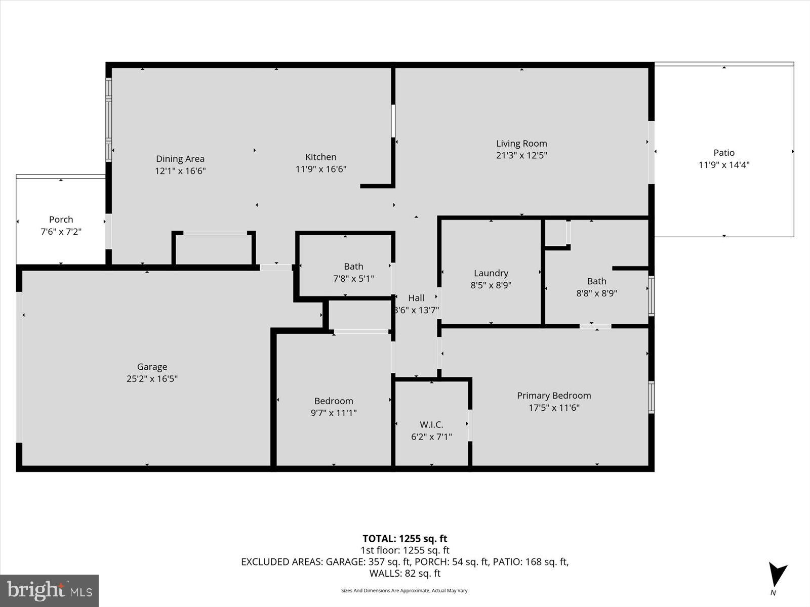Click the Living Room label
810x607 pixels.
click(x=521, y=144)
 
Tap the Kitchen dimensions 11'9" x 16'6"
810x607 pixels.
click(x=320, y=169)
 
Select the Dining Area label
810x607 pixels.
click(x=180, y=159)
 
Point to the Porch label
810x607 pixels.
click(x=61, y=220)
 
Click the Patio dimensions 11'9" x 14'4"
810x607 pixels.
click(x=724, y=165)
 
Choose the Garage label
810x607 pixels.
click(x=152, y=367)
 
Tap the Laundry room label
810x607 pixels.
click(x=491, y=273)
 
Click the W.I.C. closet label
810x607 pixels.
click(x=431, y=425)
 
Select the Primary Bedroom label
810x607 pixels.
click(x=554, y=396)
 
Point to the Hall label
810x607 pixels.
click(x=416, y=298)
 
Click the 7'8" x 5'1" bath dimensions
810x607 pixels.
click(x=353, y=278)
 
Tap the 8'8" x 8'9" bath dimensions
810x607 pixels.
click(x=596, y=293)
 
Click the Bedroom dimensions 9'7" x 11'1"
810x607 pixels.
click(x=334, y=413)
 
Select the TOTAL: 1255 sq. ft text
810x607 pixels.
click(x=404, y=539)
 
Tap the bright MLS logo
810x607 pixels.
click(x=49, y=590)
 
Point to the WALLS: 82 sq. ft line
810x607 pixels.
click(x=404, y=573)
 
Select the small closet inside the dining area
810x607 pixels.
click(x=213, y=249)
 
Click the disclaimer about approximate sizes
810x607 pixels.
click(x=404, y=590)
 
